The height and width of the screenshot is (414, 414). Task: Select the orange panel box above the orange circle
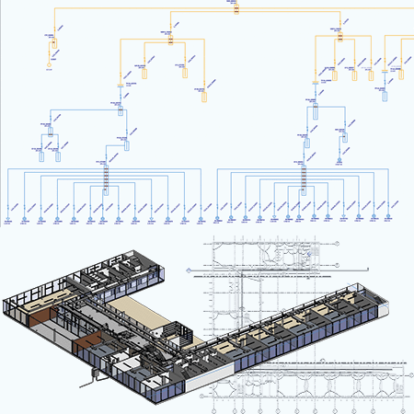52,43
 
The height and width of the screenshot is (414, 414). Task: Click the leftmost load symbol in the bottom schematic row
8,221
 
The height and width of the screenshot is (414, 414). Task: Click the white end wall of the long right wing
380,305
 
